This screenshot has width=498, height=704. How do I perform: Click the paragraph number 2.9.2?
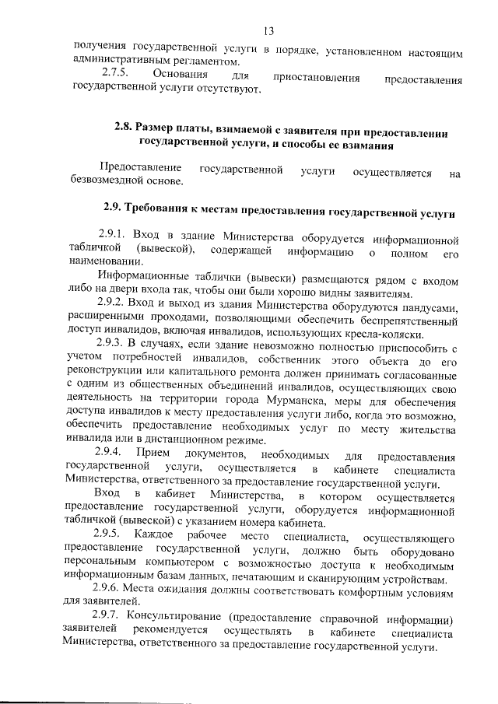coord(113,301)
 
